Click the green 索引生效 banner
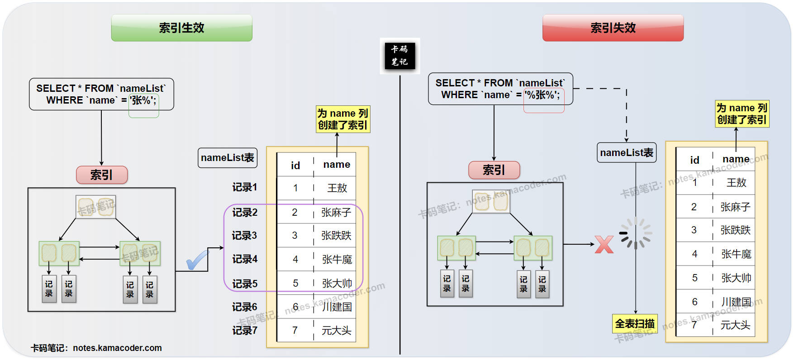[181, 28]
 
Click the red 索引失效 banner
[613, 28]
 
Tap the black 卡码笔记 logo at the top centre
[399, 56]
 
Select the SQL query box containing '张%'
[101, 94]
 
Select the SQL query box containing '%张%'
[500, 89]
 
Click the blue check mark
[197, 260]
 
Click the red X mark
[604, 245]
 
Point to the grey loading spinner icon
[636, 233]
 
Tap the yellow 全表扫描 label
[635, 324]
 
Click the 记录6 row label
[244, 307]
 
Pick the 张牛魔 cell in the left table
[337, 260]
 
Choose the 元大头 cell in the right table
[735, 325]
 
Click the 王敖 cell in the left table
[337, 188]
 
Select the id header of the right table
[694, 160]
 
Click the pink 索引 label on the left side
[101, 175]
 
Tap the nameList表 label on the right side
[627, 153]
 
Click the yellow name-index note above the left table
[342, 119]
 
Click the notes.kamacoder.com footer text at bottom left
[96, 348]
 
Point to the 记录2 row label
[244, 212]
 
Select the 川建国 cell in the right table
[736, 302]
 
